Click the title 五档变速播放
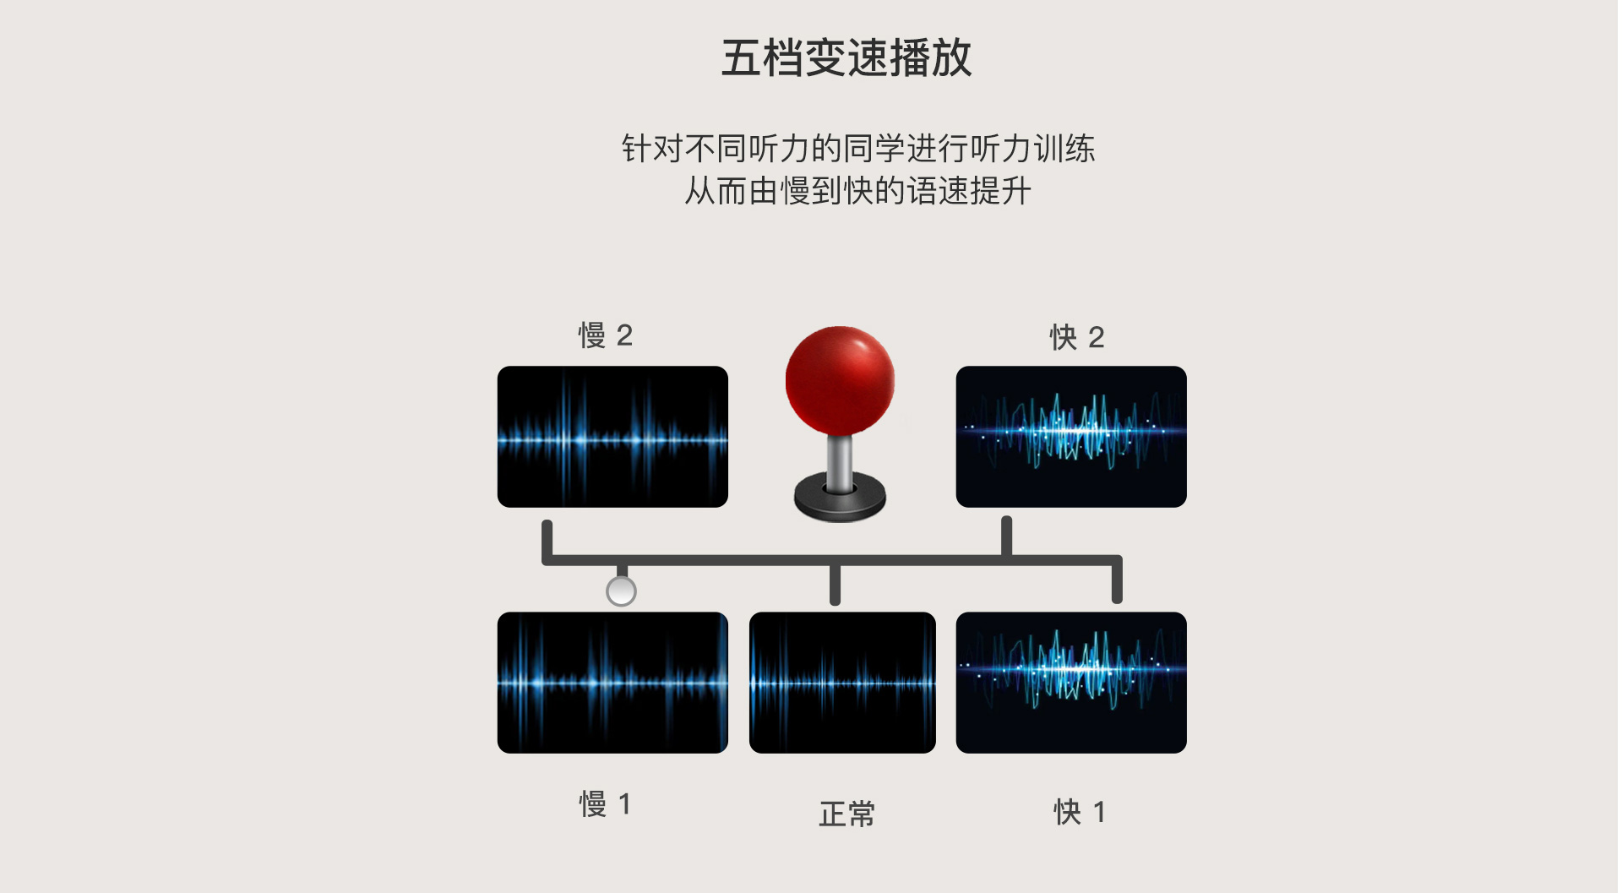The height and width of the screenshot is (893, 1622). point(846,57)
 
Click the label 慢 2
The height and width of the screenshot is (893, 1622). point(605,335)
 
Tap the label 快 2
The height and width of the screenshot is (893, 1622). point(1076,337)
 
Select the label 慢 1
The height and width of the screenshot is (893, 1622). point(605,803)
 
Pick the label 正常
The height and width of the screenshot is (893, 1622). point(846,814)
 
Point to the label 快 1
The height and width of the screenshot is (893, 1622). point(1079,812)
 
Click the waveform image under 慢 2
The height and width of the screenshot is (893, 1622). point(612,437)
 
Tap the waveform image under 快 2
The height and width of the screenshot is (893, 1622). point(1071,437)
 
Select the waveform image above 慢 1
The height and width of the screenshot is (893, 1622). point(612,683)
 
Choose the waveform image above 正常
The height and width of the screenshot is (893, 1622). point(842,683)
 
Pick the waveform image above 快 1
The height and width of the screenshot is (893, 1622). point(1071,683)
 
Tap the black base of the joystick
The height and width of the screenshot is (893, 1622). point(840,499)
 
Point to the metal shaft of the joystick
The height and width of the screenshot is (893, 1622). point(839,460)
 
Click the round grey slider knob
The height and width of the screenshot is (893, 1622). point(621,591)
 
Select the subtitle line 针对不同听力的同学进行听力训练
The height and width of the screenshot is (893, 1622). point(858,149)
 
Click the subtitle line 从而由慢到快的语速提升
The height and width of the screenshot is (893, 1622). point(857,191)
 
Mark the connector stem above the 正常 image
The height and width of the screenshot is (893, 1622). point(835,583)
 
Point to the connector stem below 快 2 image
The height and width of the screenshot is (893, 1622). point(1006,536)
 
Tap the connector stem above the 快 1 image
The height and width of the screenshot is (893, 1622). point(1117,580)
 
